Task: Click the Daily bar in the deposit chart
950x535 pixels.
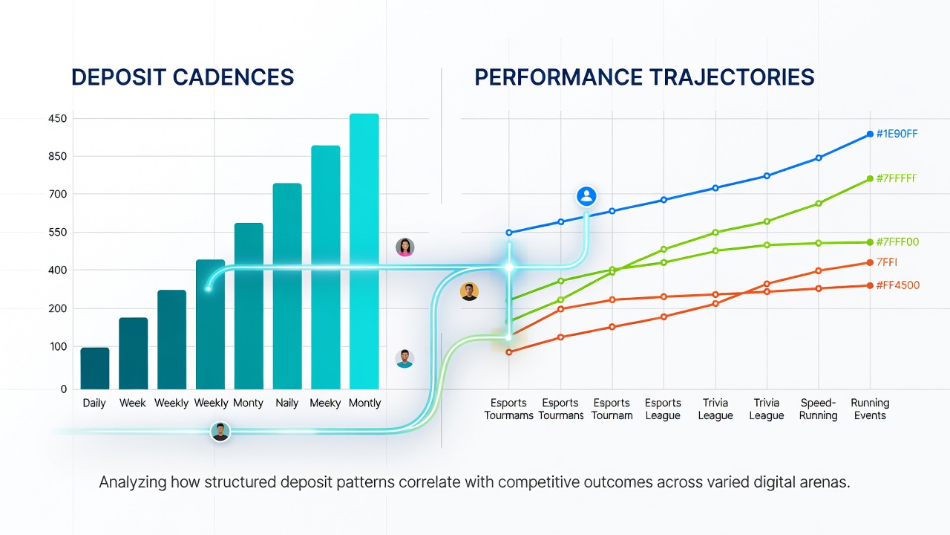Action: pyautogui.click(x=94, y=368)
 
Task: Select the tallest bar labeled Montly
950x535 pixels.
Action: pyautogui.click(x=364, y=251)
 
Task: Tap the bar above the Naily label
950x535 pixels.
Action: pyautogui.click(x=287, y=286)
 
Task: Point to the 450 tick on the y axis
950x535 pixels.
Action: pyautogui.click(x=58, y=118)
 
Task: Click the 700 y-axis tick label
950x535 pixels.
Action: pyautogui.click(x=58, y=194)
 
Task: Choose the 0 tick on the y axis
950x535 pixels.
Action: pyautogui.click(x=64, y=389)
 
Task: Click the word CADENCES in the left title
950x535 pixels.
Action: pyautogui.click(x=233, y=77)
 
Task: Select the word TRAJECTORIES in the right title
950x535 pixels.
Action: pyautogui.click(x=732, y=77)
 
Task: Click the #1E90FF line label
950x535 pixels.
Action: pyautogui.click(x=897, y=134)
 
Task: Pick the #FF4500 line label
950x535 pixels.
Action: pyautogui.click(x=898, y=285)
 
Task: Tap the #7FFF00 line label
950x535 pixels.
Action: pyautogui.click(x=897, y=242)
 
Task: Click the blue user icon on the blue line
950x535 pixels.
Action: pyautogui.click(x=586, y=196)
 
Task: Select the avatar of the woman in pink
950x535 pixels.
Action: pyautogui.click(x=405, y=247)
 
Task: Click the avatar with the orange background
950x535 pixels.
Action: pyautogui.click(x=470, y=292)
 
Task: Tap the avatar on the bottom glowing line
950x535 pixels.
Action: pyautogui.click(x=220, y=432)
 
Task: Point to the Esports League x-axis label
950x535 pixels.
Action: pyautogui.click(x=663, y=409)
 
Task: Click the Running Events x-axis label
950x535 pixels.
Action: pyautogui.click(x=870, y=409)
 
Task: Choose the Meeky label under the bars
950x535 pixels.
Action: pyautogui.click(x=325, y=403)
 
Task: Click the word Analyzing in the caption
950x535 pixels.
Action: pyautogui.click(x=132, y=483)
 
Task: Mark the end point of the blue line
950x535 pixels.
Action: pyautogui.click(x=870, y=134)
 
